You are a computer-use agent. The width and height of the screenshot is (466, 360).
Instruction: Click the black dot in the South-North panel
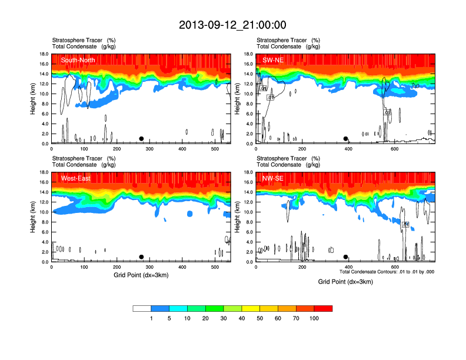point(141,139)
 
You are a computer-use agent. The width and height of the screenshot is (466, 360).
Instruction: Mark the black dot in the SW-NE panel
point(346,139)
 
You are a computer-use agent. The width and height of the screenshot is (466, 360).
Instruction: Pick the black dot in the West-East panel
point(141,257)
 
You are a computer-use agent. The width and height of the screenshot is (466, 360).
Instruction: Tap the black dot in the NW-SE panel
point(346,257)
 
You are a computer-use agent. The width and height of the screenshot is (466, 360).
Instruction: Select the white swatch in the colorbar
point(142,308)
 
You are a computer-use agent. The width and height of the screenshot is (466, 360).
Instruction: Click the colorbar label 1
point(151,318)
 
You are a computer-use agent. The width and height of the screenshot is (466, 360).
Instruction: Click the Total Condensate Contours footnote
point(387,272)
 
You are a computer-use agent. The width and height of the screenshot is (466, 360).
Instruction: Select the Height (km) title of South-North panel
point(32,99)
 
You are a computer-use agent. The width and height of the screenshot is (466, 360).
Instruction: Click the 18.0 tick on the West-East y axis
point(44,172)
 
